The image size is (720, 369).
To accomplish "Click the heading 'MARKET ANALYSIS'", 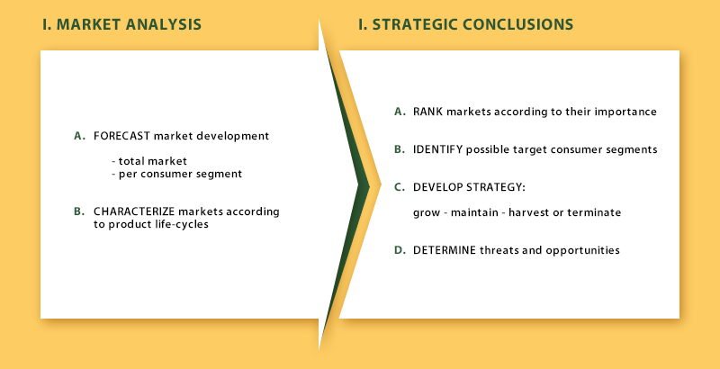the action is (x=129, y=24).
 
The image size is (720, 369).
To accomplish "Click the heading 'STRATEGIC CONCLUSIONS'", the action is (x=472, y=24).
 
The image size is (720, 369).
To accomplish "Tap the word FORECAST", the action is (x=122, y=136).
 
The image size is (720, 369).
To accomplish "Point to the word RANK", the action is (x=428, y=112).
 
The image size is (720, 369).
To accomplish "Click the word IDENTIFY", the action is (x=437, y=149).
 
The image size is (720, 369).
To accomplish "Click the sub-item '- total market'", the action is (x=149, y=161).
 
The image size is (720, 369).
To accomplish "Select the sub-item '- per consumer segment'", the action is (x=176, y=175).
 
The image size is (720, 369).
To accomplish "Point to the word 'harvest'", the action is (x=526, y=213).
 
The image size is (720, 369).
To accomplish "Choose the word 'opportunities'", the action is (x=583, y=250).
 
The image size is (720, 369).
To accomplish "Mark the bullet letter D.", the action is (x=400, y=250).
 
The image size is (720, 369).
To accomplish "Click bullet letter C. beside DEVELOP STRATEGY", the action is (x=400, y=187).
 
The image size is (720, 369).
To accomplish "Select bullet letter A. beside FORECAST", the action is (x=80, y=136).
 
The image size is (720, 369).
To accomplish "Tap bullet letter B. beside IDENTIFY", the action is (x=400, y=149).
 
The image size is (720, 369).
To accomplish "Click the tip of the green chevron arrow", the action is (x=370, y=186).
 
